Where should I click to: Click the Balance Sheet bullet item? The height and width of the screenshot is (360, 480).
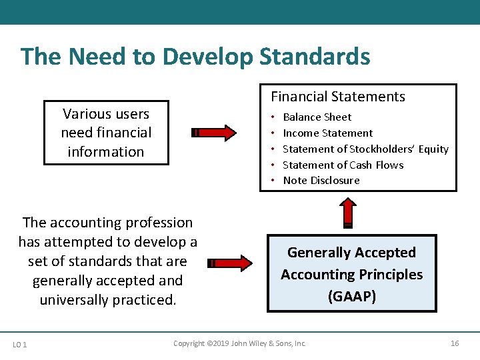[x=317, y=117]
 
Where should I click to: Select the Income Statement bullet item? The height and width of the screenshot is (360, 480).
[x=327, y=133]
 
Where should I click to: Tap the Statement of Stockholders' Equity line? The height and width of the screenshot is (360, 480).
[x=365, y=149]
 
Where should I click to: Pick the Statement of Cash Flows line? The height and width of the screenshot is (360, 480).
[x=343, y=165]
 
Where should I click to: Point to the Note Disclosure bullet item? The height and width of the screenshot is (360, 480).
[x=321, y=181]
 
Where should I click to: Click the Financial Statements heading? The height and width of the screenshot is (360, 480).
[x=337, y=97]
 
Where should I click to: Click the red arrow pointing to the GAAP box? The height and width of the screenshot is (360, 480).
[x=230, y=263]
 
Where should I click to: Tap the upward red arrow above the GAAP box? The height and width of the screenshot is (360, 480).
[x=349, y=213]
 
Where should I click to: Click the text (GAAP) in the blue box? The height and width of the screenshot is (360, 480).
[x=352, y=296]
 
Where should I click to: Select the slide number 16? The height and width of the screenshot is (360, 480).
[x=455, y=343]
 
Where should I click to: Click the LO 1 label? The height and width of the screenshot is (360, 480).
[x=19, y=344]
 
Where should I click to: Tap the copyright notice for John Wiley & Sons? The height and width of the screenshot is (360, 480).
[x=239, y=343]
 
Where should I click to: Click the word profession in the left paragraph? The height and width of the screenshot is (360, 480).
[x=159, y=223]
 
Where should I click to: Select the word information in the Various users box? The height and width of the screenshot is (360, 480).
[x=105, y=152]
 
